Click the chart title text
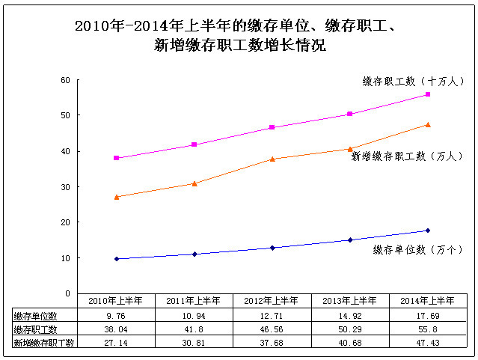coord(239,36)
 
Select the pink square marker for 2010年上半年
coord(117,158)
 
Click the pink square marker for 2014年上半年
coord(428,94)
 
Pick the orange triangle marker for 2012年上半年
coord(272,159)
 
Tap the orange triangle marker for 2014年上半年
coord(428,124)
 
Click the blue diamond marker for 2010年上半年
coord(117,259)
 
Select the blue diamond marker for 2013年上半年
coord(350,240)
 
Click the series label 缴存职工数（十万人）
coord(414,81)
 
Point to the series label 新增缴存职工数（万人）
coord(407,156)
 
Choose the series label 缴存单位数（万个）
coord(418,249)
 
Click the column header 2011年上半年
coord(194,301)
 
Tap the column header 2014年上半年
coord(428,301)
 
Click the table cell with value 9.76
coord(117,316)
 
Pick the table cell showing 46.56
coord(272,329)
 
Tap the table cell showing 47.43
coord(428,342)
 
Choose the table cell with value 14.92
coord(350,316)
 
